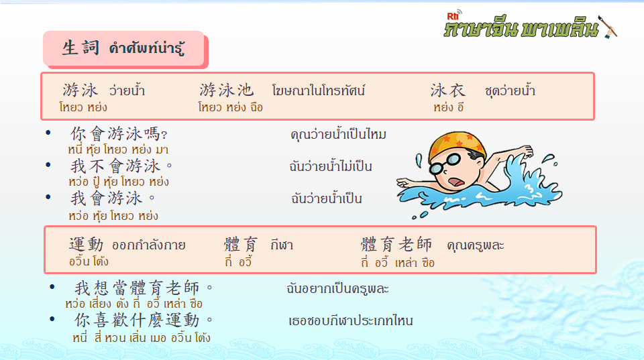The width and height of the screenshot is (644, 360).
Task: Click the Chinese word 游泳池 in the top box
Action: tap(226, 91)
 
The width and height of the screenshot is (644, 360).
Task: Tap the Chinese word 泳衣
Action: tap(447, 91)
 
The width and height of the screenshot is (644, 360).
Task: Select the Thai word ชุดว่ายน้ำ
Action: tap(510, 91)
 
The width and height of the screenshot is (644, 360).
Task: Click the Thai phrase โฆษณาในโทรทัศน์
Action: tap(318, 91)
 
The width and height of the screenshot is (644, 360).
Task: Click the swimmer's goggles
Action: tap(445, 164)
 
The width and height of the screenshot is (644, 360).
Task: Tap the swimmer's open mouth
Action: tap(456, 182)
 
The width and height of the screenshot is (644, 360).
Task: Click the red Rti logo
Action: tap(453, 16)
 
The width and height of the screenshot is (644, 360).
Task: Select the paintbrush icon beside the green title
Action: tap(608, 27)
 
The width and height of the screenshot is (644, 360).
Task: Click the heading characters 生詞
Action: tap(80, 48)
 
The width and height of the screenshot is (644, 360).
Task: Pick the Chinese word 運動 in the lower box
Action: tap(86, 244)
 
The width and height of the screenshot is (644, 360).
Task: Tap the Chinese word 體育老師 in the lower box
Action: tap(396, 244)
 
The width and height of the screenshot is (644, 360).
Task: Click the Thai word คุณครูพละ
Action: tap(475, 245)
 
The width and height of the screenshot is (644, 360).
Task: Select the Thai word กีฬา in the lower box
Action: tap(282, 245)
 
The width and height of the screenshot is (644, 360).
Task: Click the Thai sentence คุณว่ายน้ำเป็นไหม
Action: tap(338, 134)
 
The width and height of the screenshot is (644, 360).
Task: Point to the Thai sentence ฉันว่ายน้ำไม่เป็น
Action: tap(331, 166)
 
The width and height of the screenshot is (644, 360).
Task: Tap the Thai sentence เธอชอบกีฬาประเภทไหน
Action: tap(350, 320)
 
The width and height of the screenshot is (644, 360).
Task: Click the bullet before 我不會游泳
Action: tap(48, 165)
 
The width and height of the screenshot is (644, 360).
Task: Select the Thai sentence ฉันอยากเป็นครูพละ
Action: tap(337, 288)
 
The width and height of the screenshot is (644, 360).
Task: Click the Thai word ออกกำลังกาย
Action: tap(149, 245)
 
